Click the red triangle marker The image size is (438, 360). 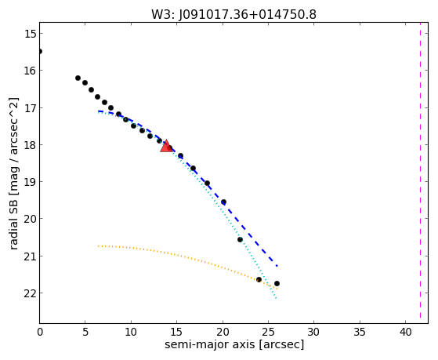coord(166,147)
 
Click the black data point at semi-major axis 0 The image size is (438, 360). coord(40,51)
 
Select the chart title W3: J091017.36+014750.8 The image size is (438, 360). coord(233,14)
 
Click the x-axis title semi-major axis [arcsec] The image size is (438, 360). coord(234,344)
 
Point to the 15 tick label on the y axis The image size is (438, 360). coord(29,34)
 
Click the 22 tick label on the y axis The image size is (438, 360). coord(29,293)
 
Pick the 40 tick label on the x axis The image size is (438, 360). coord(405,333)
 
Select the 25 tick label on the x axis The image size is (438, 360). coord(268,333)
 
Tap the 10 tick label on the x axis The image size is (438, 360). coord(131,333)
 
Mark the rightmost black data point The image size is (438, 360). coord(277,284)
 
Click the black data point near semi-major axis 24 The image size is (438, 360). coord(259,279)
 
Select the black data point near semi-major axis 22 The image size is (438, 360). coord(240,239)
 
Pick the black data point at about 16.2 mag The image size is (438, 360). coord(78,78)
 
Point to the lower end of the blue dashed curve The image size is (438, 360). coord(277,266)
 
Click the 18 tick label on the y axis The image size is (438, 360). coord(29,145)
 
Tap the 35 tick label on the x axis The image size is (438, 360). coord(360,333)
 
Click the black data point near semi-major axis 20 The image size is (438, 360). coord(223,202)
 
